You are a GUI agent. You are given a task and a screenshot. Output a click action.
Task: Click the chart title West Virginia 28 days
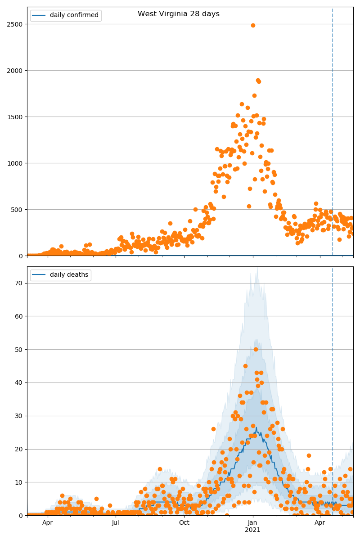179,14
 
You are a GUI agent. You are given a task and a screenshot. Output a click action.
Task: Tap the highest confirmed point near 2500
253,25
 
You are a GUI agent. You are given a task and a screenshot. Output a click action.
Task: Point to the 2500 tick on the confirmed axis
16,24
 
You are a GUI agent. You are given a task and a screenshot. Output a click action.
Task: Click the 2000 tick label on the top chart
16,71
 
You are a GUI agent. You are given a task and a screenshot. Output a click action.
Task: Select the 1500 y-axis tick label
16,117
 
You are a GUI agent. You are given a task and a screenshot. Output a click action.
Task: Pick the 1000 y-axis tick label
16,163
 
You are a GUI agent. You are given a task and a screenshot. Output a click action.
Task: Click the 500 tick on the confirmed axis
18,210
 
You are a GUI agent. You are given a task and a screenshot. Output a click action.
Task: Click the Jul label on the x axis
116,522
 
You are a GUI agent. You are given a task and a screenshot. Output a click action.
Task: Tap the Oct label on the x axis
184,522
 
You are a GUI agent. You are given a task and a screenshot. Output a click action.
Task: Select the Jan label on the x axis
252,522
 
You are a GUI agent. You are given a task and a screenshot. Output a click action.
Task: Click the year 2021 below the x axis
252,530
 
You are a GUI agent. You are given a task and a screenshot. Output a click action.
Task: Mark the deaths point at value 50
256,349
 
